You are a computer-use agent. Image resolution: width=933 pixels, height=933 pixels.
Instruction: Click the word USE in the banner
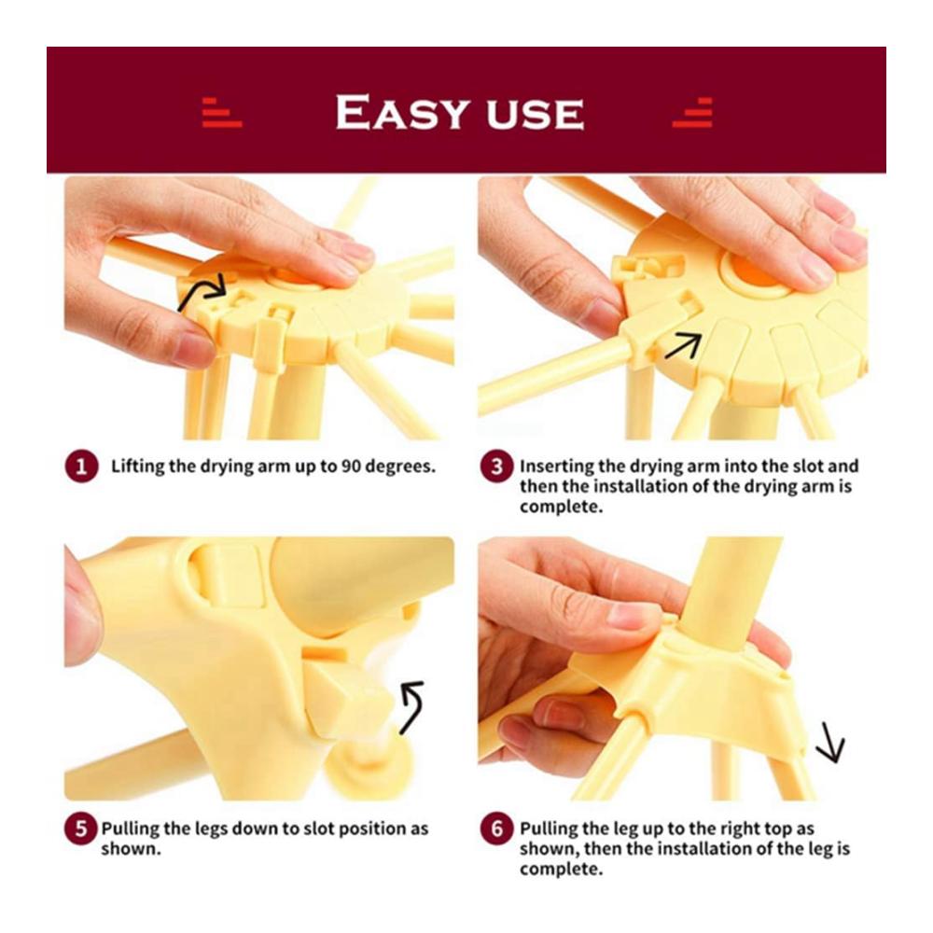pyautogui.click(x=535, y=114)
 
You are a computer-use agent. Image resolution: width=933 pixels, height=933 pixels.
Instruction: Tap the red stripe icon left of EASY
pyautogui.click(x=221, y=112)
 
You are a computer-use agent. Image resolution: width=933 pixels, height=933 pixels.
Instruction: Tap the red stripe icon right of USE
pyautogui.click(x=693, y=112)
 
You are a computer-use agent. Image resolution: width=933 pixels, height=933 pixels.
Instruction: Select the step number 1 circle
pyautogui.click(x=81, y=466)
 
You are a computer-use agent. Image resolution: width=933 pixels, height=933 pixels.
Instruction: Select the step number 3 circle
pyautogui.click(x=497, y=466)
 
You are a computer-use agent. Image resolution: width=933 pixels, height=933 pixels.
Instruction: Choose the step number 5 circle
pyautogui.click(x=81, y=829)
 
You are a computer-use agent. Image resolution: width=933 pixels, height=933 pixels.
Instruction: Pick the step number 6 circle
pyautogui.click(x=497, y=829)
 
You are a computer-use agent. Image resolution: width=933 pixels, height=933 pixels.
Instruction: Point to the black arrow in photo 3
pyautogui.click(x=684, y=345)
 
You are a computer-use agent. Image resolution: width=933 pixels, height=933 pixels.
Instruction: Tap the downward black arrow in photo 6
pyautogui.click(x=830, y=743)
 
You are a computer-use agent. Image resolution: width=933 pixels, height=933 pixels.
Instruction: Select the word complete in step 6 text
pyautogui.click(x=561, y=869)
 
